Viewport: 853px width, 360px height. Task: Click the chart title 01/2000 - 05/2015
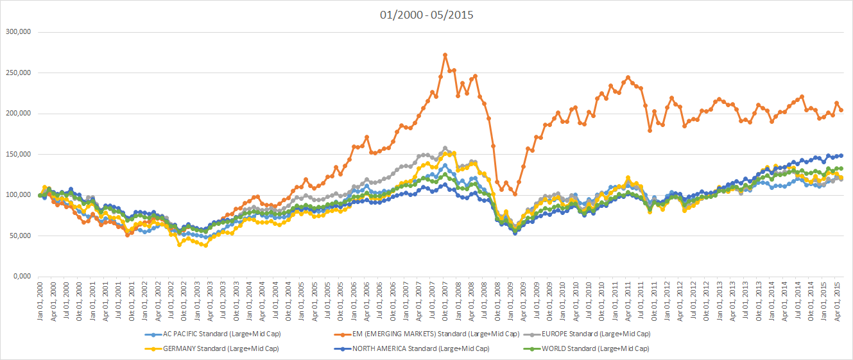[426, 14]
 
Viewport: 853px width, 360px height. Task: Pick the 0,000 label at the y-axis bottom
[22, 277]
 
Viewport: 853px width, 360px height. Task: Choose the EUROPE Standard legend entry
[596, 334]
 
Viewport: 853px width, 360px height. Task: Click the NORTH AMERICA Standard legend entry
[420, 348]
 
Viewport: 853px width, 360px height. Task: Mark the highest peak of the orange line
[445, 55]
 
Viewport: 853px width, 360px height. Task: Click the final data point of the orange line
[841, 110]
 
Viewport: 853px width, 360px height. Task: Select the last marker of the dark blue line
[841, 155]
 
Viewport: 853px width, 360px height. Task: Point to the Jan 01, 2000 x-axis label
[40, 301]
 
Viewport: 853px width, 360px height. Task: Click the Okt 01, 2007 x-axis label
[445, 301]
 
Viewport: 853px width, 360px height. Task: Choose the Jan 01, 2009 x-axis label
[510, 301]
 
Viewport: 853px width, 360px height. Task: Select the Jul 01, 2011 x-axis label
[641, 301]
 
